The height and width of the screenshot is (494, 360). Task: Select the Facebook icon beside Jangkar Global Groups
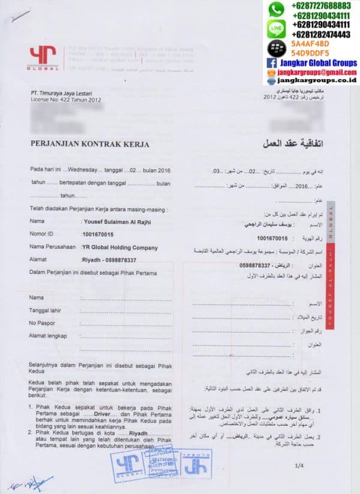271,62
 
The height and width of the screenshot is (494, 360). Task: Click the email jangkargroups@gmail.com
317,71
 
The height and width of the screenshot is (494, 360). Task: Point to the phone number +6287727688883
320,5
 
